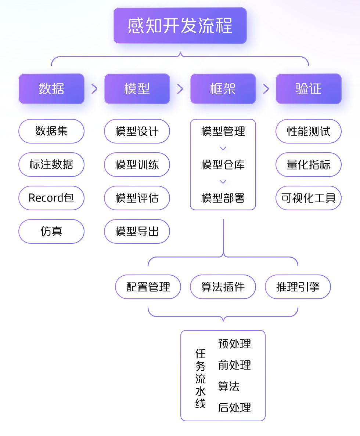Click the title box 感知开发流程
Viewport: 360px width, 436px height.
click(x=180, y=26)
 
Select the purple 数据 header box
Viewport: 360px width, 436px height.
click(x=51, y=89)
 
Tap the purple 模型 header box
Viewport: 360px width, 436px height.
click(x=137, y=89)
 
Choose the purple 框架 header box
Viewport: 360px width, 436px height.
click(x=223, y=89)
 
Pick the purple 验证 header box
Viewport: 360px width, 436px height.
click(x=309, y=89)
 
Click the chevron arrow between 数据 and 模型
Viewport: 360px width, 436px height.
click(x=94, y=89)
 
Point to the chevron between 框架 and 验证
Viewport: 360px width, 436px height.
click(x=266, y=89)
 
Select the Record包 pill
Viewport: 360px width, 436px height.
click(x=51, y=198)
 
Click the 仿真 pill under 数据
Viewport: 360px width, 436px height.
click(x=51, y=231)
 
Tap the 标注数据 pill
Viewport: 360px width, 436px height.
click(x=51, y=164)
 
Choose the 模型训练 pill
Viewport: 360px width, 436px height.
click(x=137, y=164)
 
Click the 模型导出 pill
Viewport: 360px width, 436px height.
click(x=137, y=231)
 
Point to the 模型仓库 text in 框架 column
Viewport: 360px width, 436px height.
click(x=223, y=164)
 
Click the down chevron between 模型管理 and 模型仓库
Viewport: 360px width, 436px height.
click(x=223, y=148)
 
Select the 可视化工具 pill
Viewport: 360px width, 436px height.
click(x=309, y=198)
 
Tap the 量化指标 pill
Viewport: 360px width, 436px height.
click(x=309, y=164)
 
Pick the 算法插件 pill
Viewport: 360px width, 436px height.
click(x=223, y=287)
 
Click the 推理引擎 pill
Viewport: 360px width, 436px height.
click(x=298, y=287)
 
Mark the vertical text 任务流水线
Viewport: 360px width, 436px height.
click(x=201, y=378)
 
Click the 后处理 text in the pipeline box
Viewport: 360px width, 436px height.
click(x=234, y=407)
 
